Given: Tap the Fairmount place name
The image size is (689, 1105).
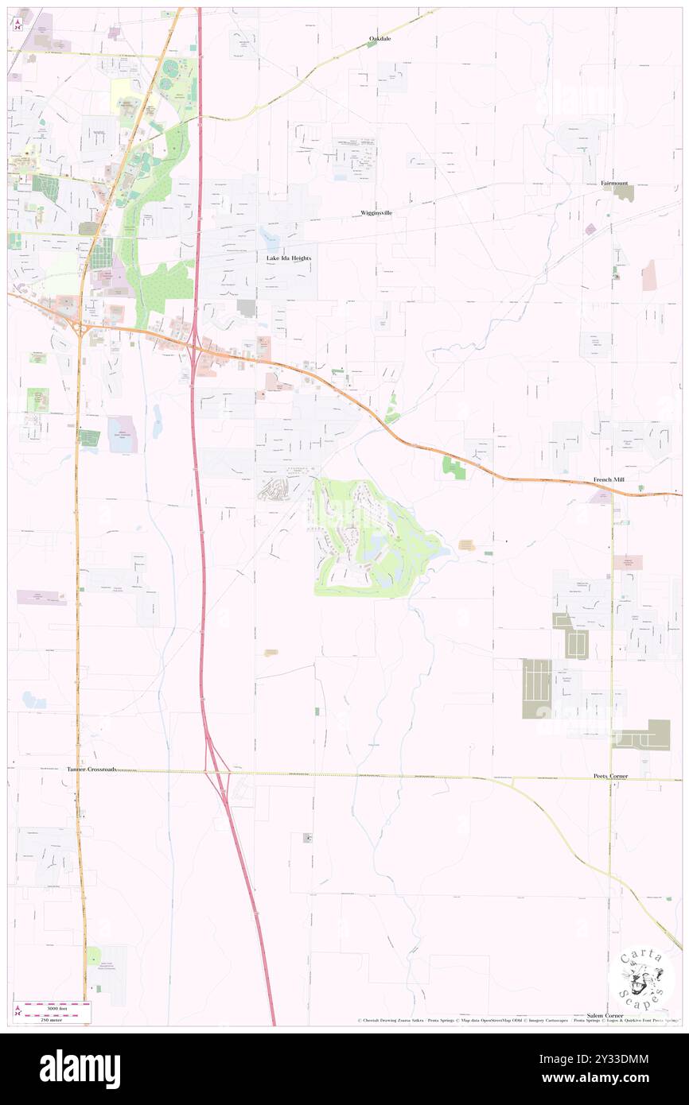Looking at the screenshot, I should point(615,183).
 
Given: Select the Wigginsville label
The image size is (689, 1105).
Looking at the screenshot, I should point(376,213).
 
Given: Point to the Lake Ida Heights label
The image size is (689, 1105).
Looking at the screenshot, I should point(288,258).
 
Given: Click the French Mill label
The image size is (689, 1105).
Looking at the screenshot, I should point(611,480).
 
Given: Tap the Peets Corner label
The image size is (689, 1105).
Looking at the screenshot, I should point(610,775).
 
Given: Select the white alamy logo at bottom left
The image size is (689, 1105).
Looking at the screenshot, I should point(80,1068).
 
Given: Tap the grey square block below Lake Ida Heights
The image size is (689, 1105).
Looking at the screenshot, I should point(247,308).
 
